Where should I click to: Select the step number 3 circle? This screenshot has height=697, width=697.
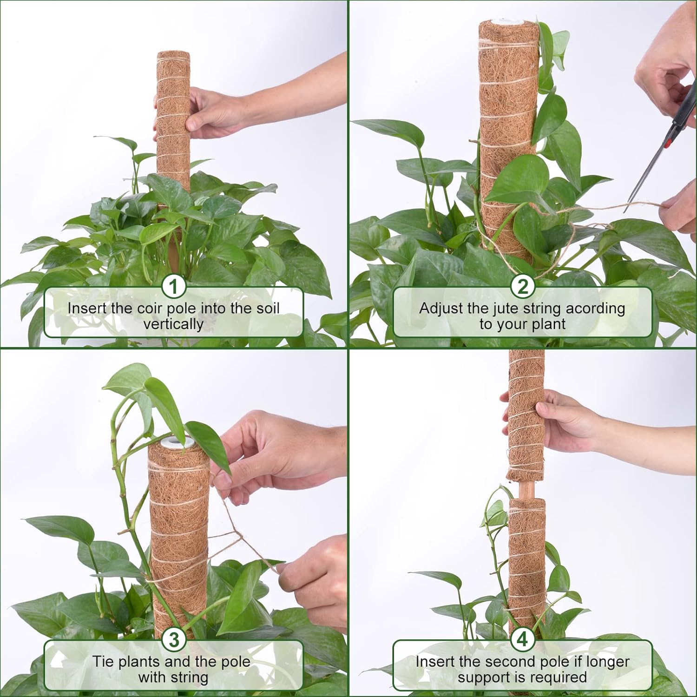pos(174,640)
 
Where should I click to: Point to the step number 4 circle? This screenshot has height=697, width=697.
pos(523,640)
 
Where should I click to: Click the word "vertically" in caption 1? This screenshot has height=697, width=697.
pos(173,324)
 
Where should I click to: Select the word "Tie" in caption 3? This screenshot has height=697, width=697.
pos(102,661)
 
